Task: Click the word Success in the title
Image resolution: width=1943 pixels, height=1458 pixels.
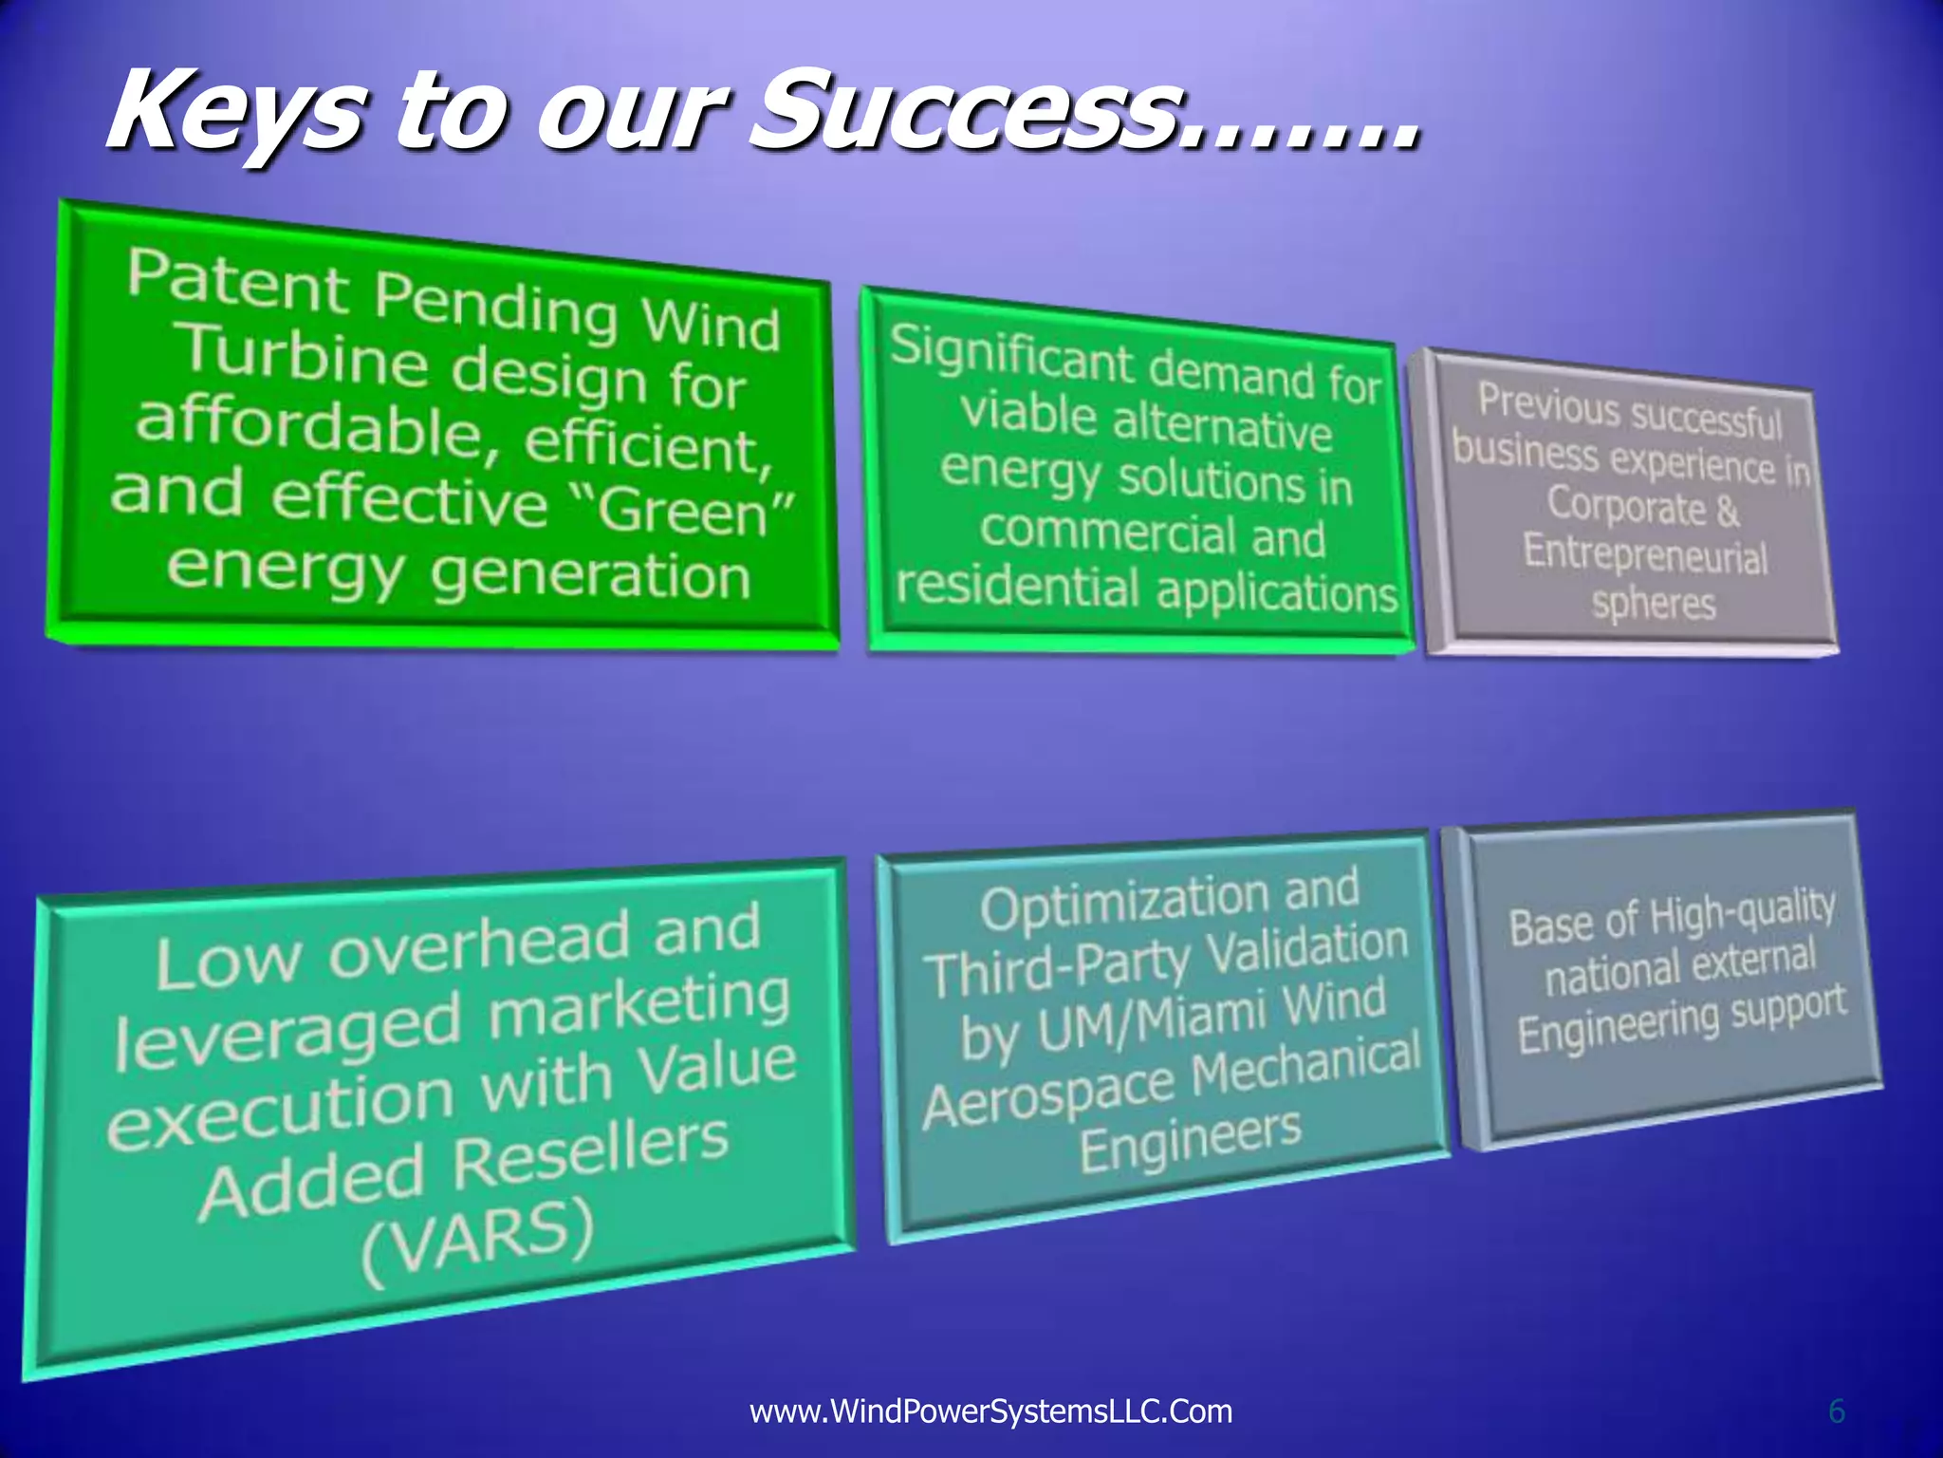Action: (x=958, y=112)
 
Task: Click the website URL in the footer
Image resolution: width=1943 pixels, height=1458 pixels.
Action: (x=990, y=1411)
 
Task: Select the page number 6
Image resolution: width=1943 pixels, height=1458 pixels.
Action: (x=1837, y=1411)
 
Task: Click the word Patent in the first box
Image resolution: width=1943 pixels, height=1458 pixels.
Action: (x=237, y=282)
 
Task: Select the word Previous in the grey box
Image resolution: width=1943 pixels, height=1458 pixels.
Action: (x=1548, y=404)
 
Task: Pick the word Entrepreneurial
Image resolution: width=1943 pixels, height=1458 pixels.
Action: (x=1645, y=553)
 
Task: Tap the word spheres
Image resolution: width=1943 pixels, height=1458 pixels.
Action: (x=1654, y=604)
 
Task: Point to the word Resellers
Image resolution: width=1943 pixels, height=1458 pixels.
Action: (x=590, y=1154)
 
